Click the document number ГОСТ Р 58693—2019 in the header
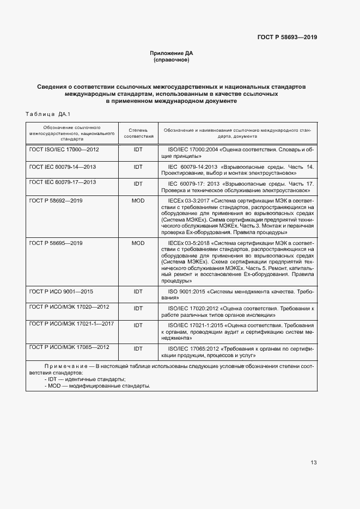click(x=287, y=37)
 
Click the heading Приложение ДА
click(x=172, y=53)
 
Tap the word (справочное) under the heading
click(x=172, y=60)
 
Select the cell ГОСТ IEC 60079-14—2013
click(x=63, y=167)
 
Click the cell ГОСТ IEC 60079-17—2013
click(x=63, y=182)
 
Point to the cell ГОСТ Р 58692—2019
click(x=56, y=201)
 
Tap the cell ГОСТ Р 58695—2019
click(x=56, y=243)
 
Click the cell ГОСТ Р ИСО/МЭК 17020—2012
click(x=69, y=307)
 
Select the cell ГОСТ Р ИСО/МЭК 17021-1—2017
click(x=71, y=324)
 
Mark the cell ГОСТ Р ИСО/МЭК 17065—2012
click(x=69, y=347)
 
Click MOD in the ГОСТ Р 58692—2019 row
click(x=138, y=201)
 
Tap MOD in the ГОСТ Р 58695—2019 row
click(x=138, y=243)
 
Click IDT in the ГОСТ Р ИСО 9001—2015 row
click(x=138, y=291)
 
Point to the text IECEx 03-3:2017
click(x=188, y=201)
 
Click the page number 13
click(x=313, y=463)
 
